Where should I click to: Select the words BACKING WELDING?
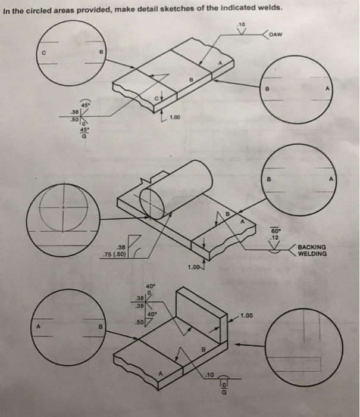point(312,250)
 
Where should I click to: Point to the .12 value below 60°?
point(275,238)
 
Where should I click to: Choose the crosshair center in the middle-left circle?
point(65,208)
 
